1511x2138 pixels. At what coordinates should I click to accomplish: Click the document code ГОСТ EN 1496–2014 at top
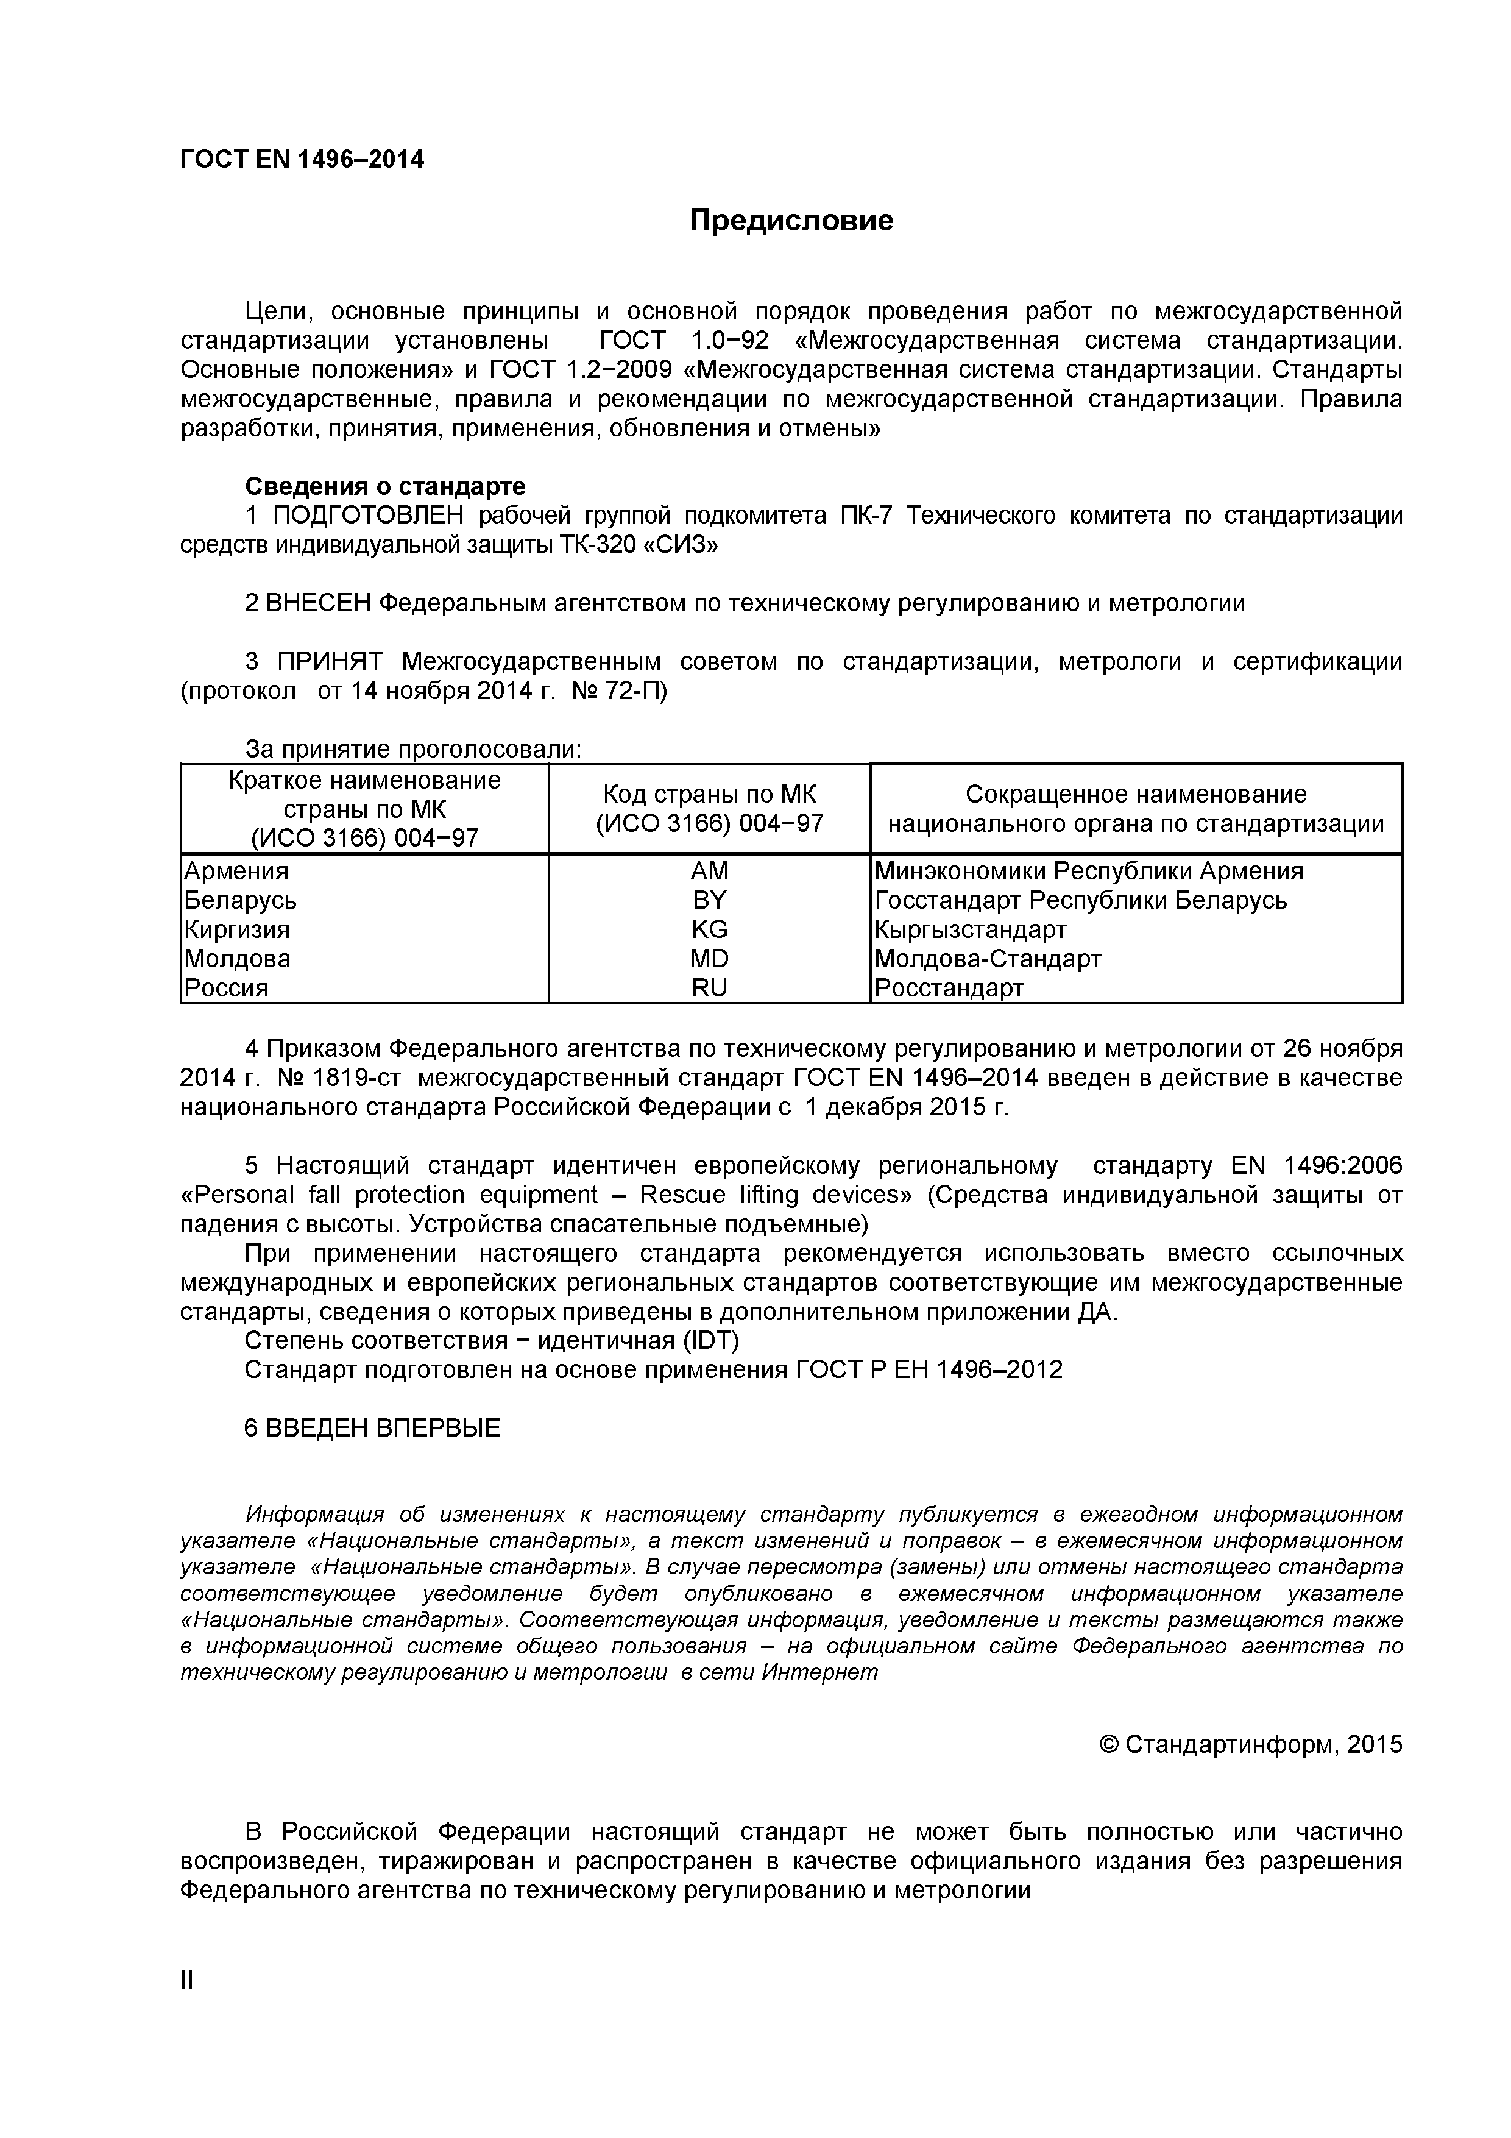point(302,160)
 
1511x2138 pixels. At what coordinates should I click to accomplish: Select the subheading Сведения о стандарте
point(384,486)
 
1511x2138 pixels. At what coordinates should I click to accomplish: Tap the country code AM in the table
point(709,871)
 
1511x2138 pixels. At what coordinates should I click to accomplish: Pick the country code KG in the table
point(709,929)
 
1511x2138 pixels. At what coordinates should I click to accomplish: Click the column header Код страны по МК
point(709,794)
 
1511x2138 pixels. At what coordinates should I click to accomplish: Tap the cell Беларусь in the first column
point(240,900)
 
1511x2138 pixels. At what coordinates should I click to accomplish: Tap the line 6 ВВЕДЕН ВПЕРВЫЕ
point(372,1429)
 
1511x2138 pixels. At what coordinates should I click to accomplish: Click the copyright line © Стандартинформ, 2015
point(1250,1744)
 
